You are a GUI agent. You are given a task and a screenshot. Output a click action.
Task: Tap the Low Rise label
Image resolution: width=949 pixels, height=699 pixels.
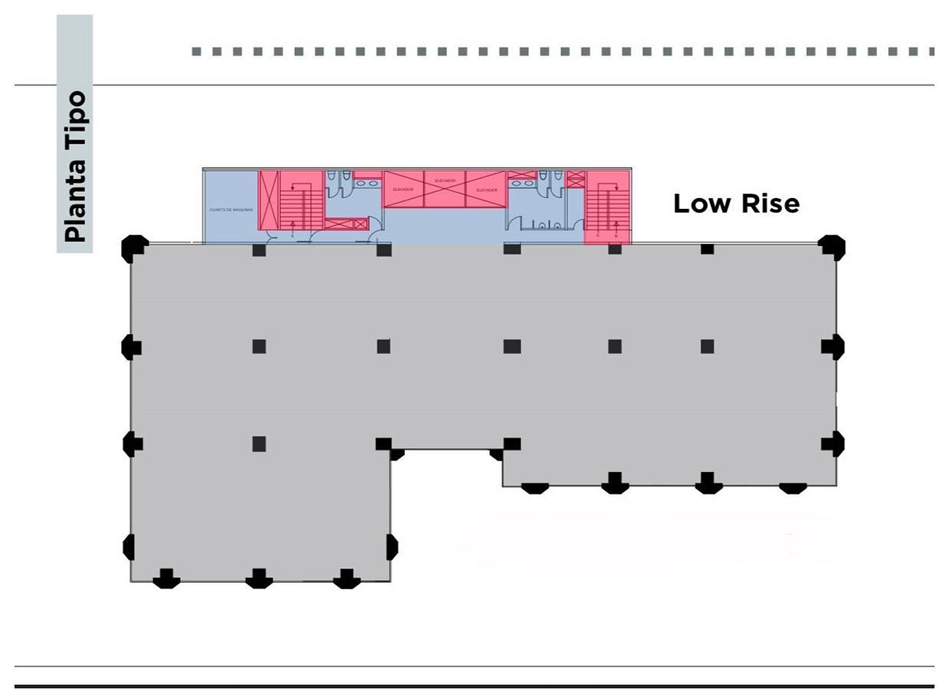[x=736, y=204]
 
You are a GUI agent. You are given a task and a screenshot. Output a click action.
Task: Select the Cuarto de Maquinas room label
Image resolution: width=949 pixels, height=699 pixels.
[x=230, y=210]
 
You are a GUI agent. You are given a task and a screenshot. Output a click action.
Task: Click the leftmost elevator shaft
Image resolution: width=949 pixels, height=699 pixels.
[x=403, y=190]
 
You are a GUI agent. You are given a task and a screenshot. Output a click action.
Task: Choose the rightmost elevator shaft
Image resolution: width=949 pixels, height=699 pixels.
[x=486, y=190]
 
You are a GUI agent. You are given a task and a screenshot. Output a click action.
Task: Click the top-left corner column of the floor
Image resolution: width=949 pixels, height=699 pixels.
[x=132, y=248]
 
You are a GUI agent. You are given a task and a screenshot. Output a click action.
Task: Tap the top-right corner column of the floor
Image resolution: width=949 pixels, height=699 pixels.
[x=831, y=247]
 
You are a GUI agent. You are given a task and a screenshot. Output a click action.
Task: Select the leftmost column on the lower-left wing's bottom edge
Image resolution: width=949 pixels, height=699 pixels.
[x=166, y=578]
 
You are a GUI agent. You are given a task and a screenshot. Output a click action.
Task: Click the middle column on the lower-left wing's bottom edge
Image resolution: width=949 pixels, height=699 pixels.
[x=259, y=578]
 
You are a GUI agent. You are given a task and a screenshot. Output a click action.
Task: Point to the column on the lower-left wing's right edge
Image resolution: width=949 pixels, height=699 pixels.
[x=391, y=545]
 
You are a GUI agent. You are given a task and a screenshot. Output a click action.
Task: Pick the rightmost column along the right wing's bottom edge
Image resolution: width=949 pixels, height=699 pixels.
[x=792, y=486]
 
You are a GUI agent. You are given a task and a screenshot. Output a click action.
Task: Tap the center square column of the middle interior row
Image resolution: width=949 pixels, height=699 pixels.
[x=512, y=346]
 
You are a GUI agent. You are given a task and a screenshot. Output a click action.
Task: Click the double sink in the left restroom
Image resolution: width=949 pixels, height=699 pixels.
[x=365, y=183]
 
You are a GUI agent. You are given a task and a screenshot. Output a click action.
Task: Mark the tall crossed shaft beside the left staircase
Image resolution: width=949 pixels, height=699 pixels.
[x=269, y=201]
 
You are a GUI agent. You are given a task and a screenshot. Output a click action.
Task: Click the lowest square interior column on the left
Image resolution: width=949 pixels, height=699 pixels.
[x=259, y=444]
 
